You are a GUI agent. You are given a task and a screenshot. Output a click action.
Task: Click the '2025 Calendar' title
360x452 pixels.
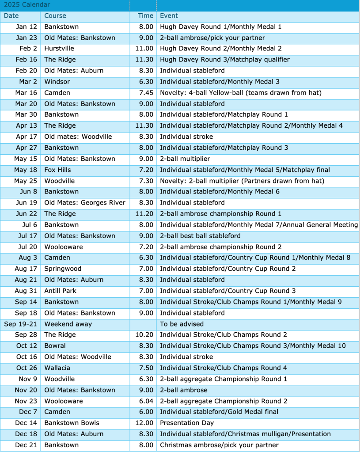click(27, 5)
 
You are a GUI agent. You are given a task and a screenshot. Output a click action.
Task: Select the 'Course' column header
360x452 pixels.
click(55, 16)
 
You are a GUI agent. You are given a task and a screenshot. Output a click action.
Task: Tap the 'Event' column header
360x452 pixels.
click(169, 16)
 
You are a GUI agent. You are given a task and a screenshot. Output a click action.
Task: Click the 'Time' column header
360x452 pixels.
click(145, 16)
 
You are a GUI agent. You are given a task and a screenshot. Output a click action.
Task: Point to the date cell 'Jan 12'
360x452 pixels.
click(27, 27)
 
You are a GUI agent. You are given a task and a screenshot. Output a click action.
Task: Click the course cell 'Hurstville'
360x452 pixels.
click(59, 49)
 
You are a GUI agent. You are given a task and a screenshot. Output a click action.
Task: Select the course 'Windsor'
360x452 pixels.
click(57, 82)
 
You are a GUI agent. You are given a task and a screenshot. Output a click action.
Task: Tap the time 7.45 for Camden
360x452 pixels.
click(146, 93)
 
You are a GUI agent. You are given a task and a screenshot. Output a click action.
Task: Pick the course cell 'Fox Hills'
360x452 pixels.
click(57, 170)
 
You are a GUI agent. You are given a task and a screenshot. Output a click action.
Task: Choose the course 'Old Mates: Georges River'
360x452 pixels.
click(85, 203)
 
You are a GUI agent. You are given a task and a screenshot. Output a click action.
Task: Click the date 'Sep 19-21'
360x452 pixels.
click(21, 324)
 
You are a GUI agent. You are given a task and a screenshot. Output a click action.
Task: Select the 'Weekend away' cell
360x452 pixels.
click(68, 324)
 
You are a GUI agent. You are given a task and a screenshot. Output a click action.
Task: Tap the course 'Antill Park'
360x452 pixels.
click(61, 291)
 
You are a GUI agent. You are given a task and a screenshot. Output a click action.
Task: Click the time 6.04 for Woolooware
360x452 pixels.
click(146, 401)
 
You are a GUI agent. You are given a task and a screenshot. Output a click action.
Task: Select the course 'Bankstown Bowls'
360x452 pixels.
click(72, 423)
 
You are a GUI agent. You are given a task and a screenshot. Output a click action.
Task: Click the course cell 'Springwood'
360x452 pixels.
click(63, 269)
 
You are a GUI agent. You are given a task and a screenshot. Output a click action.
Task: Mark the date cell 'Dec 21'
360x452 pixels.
click(26, 445)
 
